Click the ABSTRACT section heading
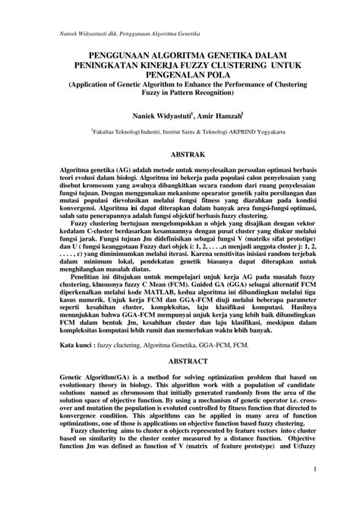click(179, 364)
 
